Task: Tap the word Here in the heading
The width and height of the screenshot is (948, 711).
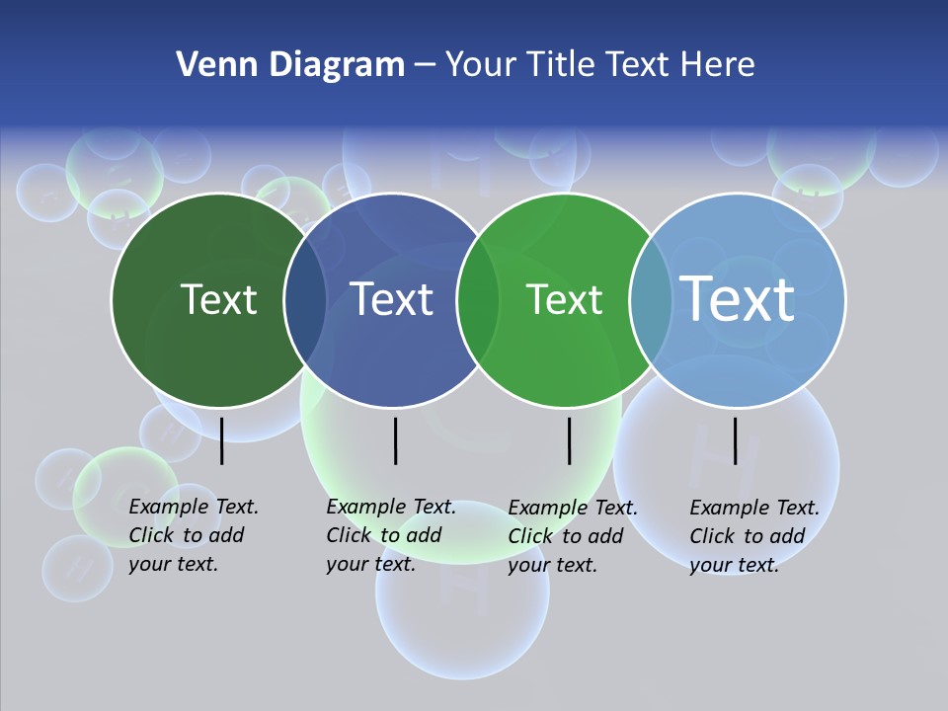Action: (x=718, y=65)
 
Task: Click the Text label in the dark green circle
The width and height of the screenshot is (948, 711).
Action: (x=218, y=299)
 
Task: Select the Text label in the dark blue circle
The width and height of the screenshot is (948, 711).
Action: (x=392, y=299)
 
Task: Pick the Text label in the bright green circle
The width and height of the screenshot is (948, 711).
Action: (x=565, y=299)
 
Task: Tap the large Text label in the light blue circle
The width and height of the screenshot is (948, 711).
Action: (x=738, y=298)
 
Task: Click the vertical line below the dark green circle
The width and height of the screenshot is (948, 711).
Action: (x=222, y=440)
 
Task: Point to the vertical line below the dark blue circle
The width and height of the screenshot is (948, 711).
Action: (x=395, y=440)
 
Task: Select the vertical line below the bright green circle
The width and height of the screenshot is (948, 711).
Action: (x=569, y=440)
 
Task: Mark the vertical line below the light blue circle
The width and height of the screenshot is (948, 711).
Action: (x=735, y=440)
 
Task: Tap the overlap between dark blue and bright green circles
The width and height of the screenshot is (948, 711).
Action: (x=478, y=300)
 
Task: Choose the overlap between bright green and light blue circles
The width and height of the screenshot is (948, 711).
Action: (x=651, y=300)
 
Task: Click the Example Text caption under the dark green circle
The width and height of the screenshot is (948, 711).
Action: (x=193, y=535)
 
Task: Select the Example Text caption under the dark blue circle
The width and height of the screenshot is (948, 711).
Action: (x=390, y=535)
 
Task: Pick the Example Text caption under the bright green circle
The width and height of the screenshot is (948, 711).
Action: (x=572, y=536)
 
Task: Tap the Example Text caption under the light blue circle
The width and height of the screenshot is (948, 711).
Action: (x=753, y=536)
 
